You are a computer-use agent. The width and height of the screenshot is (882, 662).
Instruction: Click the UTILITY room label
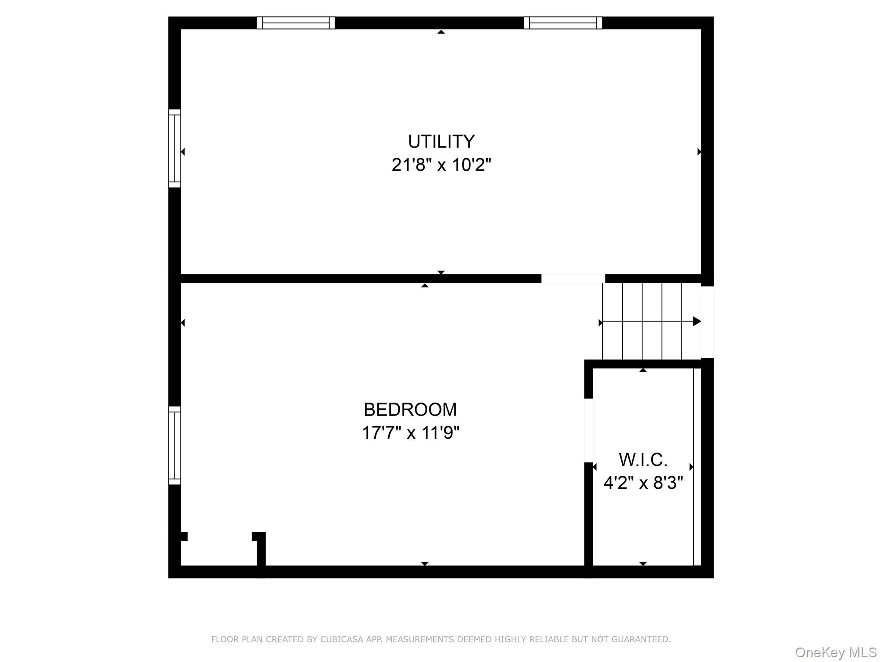coord(441,141)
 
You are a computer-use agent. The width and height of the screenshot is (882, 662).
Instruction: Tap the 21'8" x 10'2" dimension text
coord(441,165)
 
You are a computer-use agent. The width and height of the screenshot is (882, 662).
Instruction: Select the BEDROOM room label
coord(410,409)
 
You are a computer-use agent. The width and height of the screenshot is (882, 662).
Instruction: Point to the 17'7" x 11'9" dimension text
coord(410,432)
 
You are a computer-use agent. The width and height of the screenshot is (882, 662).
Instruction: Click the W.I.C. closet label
coord(643,460)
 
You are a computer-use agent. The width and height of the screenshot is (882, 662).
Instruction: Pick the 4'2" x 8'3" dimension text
coord(643,483)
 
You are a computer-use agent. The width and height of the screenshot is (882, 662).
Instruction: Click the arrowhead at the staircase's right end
coord(697,321)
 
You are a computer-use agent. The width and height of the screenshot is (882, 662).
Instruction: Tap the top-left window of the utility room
coord(296,23)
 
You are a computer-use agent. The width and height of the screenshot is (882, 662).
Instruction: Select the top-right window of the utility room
coord(563,23)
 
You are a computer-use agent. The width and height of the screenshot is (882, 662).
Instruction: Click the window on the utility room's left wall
coord(174,148)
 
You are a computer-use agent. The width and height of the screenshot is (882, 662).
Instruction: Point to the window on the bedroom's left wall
coord(174,445)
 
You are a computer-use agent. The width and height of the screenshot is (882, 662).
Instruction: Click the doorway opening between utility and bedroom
coord(573,278)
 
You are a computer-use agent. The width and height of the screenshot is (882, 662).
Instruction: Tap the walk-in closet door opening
coord(588,430)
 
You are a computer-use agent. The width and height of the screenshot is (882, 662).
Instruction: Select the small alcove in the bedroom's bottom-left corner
coord(219,549)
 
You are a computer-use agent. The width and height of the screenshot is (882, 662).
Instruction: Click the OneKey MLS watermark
coord(836,653)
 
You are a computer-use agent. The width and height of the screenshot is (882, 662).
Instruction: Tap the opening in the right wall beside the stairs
coord(707,322)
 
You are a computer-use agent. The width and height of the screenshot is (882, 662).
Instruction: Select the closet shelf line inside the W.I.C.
coord(693,467)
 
